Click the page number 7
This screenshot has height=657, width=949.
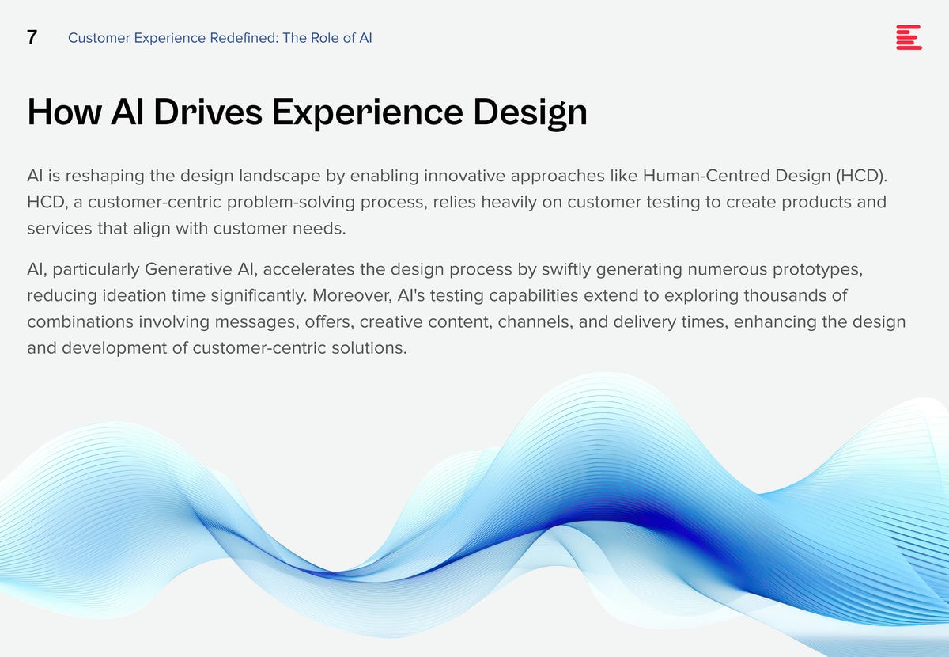(x=32, y=37)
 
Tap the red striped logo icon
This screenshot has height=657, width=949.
(x=909, y=37)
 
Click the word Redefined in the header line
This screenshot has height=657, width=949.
(x=244, y=38)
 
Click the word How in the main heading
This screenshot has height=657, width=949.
(x=64, y=112)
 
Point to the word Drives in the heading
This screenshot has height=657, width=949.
(x=208, y=112)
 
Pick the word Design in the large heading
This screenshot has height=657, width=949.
(x=530, y=113)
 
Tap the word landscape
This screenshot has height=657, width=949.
(x=280, y=176)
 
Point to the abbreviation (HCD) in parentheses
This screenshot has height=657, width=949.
(x=862, y=176)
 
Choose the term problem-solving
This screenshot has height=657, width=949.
(x=291, y=203)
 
